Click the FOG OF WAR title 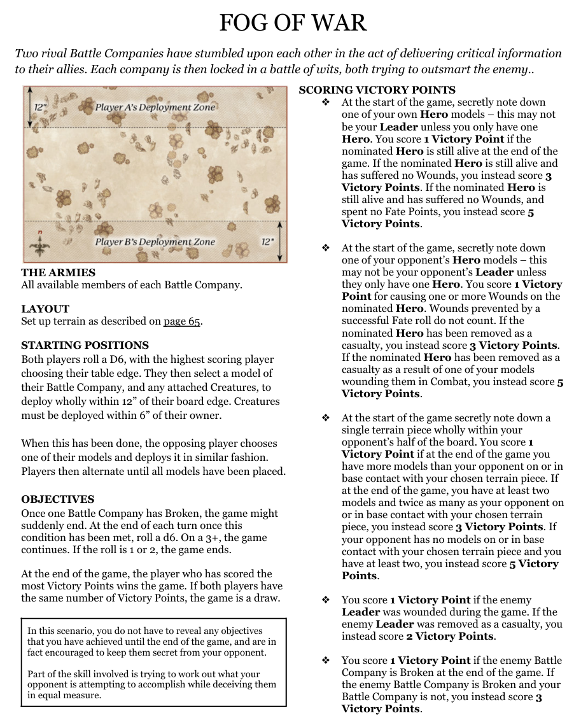(293, 23)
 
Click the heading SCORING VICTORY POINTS (377, 90)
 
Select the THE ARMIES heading (59, 272)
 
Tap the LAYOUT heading (45, 309)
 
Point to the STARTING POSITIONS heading (85, 345)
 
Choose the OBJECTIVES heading (57, 499)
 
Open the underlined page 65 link (182, 321)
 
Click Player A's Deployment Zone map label (155, 107)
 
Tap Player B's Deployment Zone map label (155, 242)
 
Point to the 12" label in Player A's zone (40, 107)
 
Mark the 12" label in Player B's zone (268, 242)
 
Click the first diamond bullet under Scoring (326, 102)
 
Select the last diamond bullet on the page (326, 661)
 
